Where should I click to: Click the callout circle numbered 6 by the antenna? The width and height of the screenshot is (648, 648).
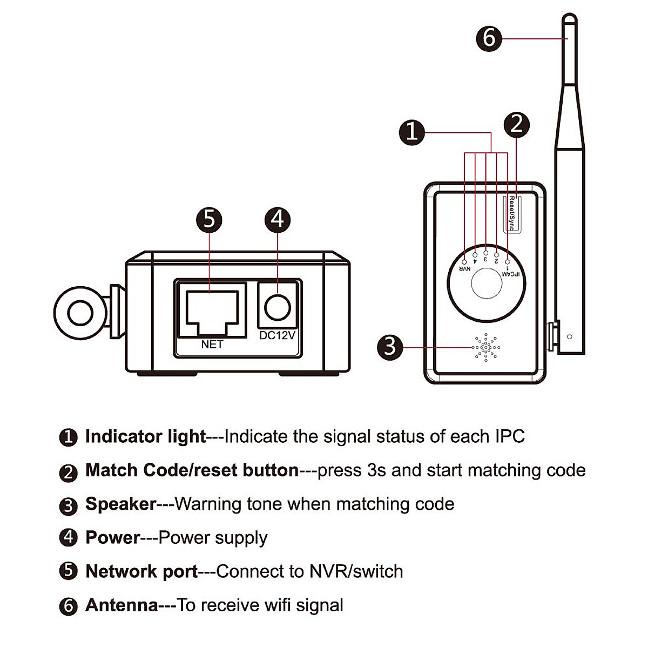pos(489,38)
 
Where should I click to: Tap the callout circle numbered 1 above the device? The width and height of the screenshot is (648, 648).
pos(412,132)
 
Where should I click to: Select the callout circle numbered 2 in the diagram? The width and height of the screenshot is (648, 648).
pos(517,125)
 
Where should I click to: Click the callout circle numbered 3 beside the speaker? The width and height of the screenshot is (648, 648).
pos(390,346)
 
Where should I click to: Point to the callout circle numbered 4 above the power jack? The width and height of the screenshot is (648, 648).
pos(278,220)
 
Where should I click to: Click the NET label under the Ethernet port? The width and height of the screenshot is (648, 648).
pos(212,345)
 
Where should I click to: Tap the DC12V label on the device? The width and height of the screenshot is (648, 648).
pos(278,335)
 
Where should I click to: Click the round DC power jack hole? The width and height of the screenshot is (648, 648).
pos(278,308)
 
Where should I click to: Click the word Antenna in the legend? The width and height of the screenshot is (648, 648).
pos(122,605)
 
